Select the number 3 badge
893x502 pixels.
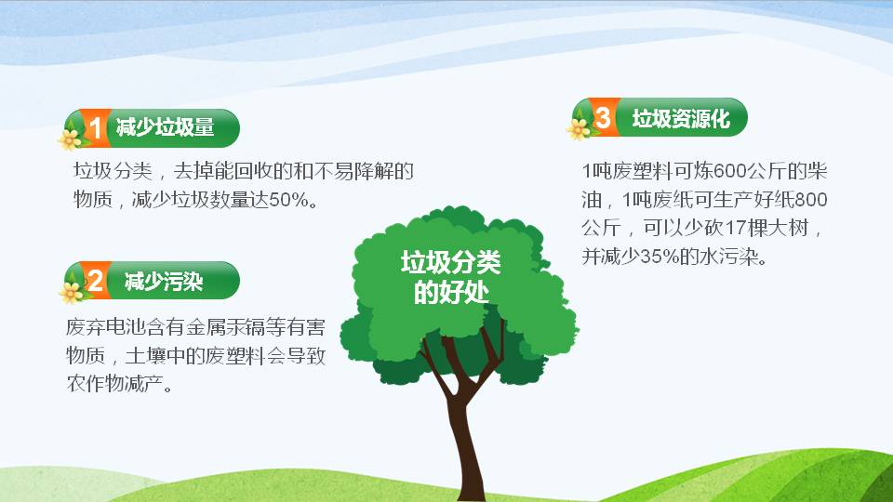point(603,118)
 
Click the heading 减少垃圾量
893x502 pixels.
point(165,128)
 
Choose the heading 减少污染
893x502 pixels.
point(164,281)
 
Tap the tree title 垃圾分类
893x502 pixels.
point(451,263)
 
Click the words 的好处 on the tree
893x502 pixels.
point(451,293)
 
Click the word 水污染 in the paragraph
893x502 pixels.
point(731,258)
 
